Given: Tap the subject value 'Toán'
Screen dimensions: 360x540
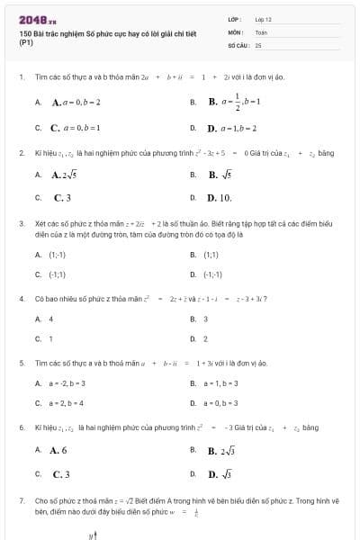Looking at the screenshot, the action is (261, 31).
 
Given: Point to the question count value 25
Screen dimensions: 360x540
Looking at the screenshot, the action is (258, 44).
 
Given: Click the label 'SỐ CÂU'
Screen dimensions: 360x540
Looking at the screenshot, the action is (237, 44).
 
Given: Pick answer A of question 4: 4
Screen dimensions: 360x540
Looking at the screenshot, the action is (50, 319).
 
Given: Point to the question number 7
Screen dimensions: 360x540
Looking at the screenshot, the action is (21, 499).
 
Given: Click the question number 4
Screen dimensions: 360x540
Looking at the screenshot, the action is (21, 298).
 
